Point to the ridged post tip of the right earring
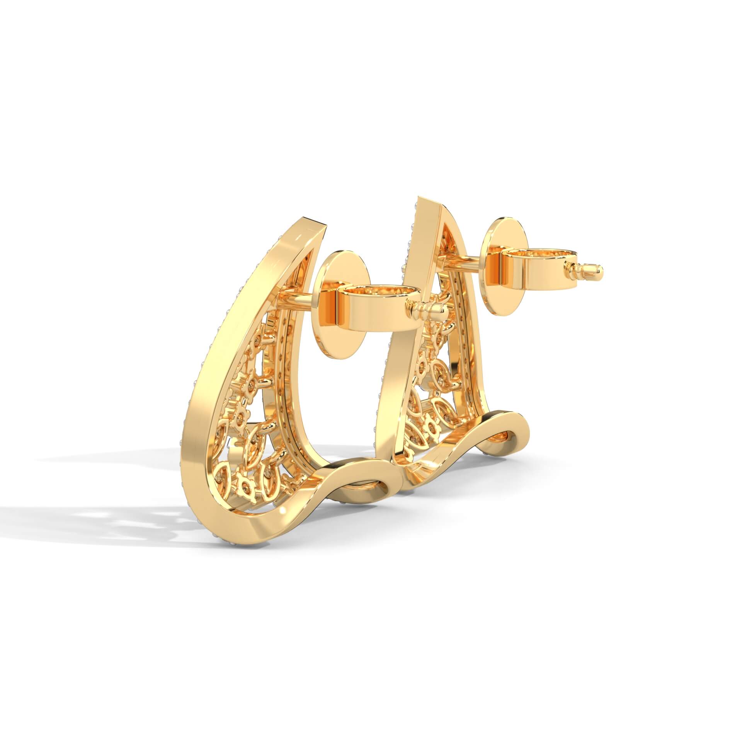coord(585,267)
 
